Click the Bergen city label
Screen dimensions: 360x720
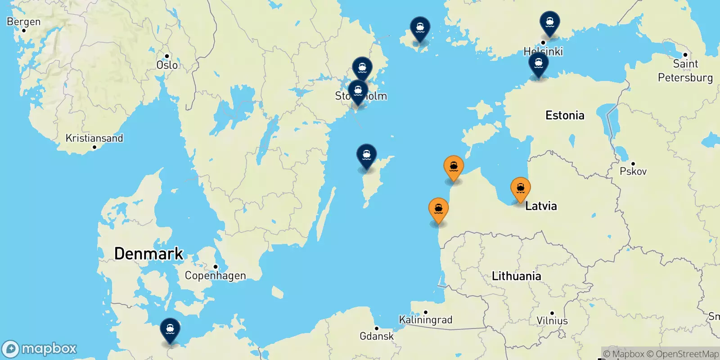coord(23,22)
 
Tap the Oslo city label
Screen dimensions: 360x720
coord(167,65)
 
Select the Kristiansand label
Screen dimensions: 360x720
coord(94,138)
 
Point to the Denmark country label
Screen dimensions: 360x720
coord(148,254)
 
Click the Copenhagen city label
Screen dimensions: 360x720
coord(215,275)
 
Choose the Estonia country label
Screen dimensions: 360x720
coord(565,116)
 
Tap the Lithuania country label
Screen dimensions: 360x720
coord(516,276)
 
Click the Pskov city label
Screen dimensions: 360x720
coord(633,171)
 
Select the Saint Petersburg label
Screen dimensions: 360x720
coord(685,71)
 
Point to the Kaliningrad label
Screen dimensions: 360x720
coord(425,319)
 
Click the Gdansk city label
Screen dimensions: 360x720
coord(376,336)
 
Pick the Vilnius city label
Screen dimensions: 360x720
coord(552,320)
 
